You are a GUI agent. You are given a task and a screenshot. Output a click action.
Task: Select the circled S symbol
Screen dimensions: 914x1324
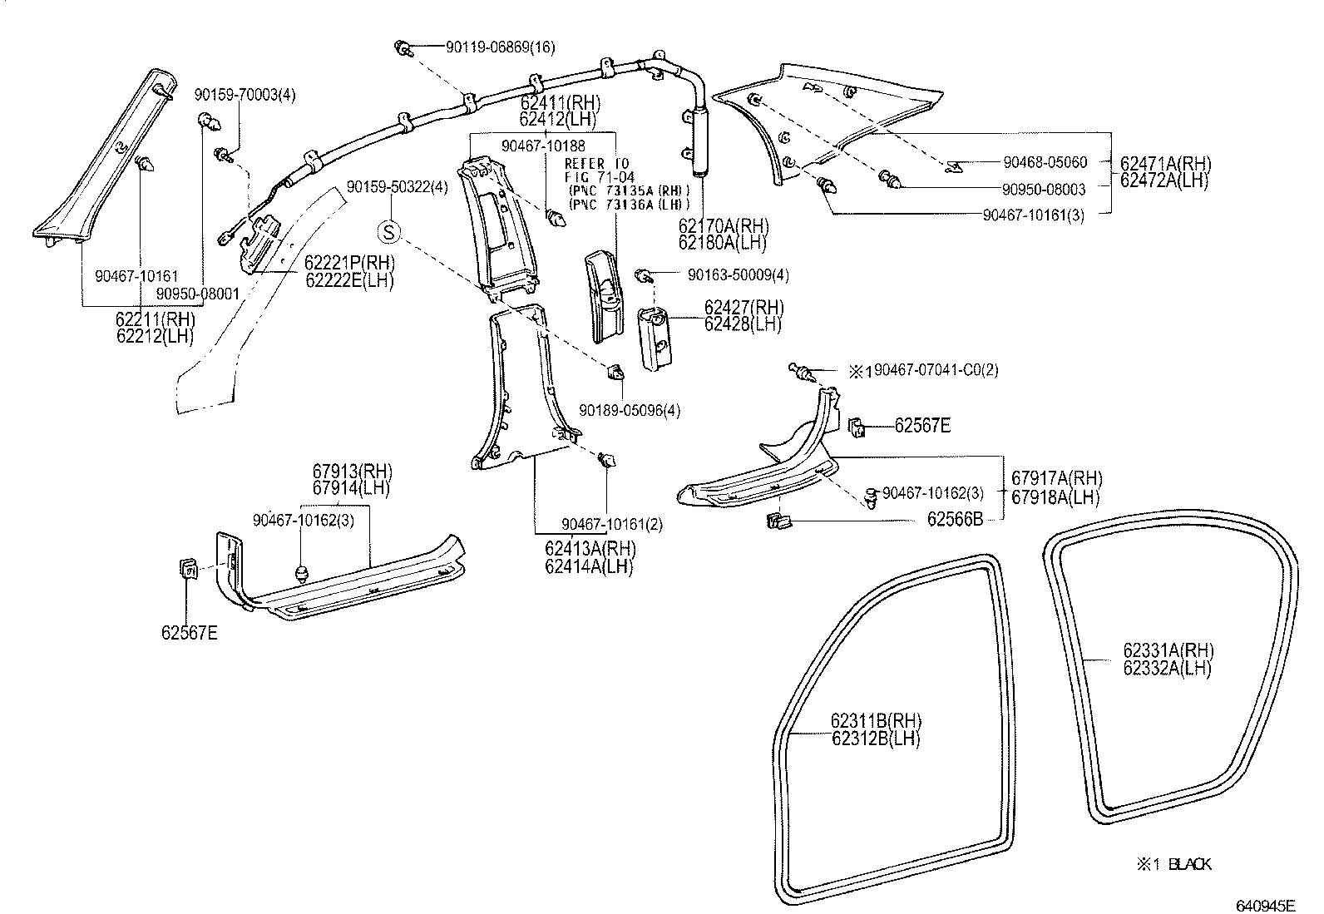pyautogui.click(x=390, y=230)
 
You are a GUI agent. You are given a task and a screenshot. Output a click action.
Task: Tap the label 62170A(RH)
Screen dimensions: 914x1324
pyautogui.click(x=723, y=226)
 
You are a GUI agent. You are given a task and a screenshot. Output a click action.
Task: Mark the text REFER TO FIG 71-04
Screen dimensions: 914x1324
pyautogui.click(x=597, y=170)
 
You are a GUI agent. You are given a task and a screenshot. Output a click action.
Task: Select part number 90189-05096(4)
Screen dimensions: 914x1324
pyautogui.click(x=630, y=410)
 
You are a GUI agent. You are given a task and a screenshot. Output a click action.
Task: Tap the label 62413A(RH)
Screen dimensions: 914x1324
pyautogui.click(x=590, y=550)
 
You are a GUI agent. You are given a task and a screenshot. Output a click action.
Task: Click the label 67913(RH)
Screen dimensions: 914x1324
pyautogui.click(x=352, y=471)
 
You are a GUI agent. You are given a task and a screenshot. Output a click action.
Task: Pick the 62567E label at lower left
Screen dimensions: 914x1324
pyautogui.click(x=190, y=633)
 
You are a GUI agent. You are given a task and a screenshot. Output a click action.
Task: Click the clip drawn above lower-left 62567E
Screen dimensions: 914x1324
pyautogui.click(x=188, y=570)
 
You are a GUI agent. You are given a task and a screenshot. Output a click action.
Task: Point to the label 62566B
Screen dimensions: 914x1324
pyautogui.click(x=955, y=519)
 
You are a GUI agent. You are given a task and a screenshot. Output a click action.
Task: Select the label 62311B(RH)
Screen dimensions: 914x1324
pyautogui.click(x=876, y=720)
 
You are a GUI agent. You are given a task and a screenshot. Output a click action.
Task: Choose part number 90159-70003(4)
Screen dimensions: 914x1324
pyautogui.click(x=245, y=95)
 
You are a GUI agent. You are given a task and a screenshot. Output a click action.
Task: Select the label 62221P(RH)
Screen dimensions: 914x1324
pyautogui.click(x=348, y=263)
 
